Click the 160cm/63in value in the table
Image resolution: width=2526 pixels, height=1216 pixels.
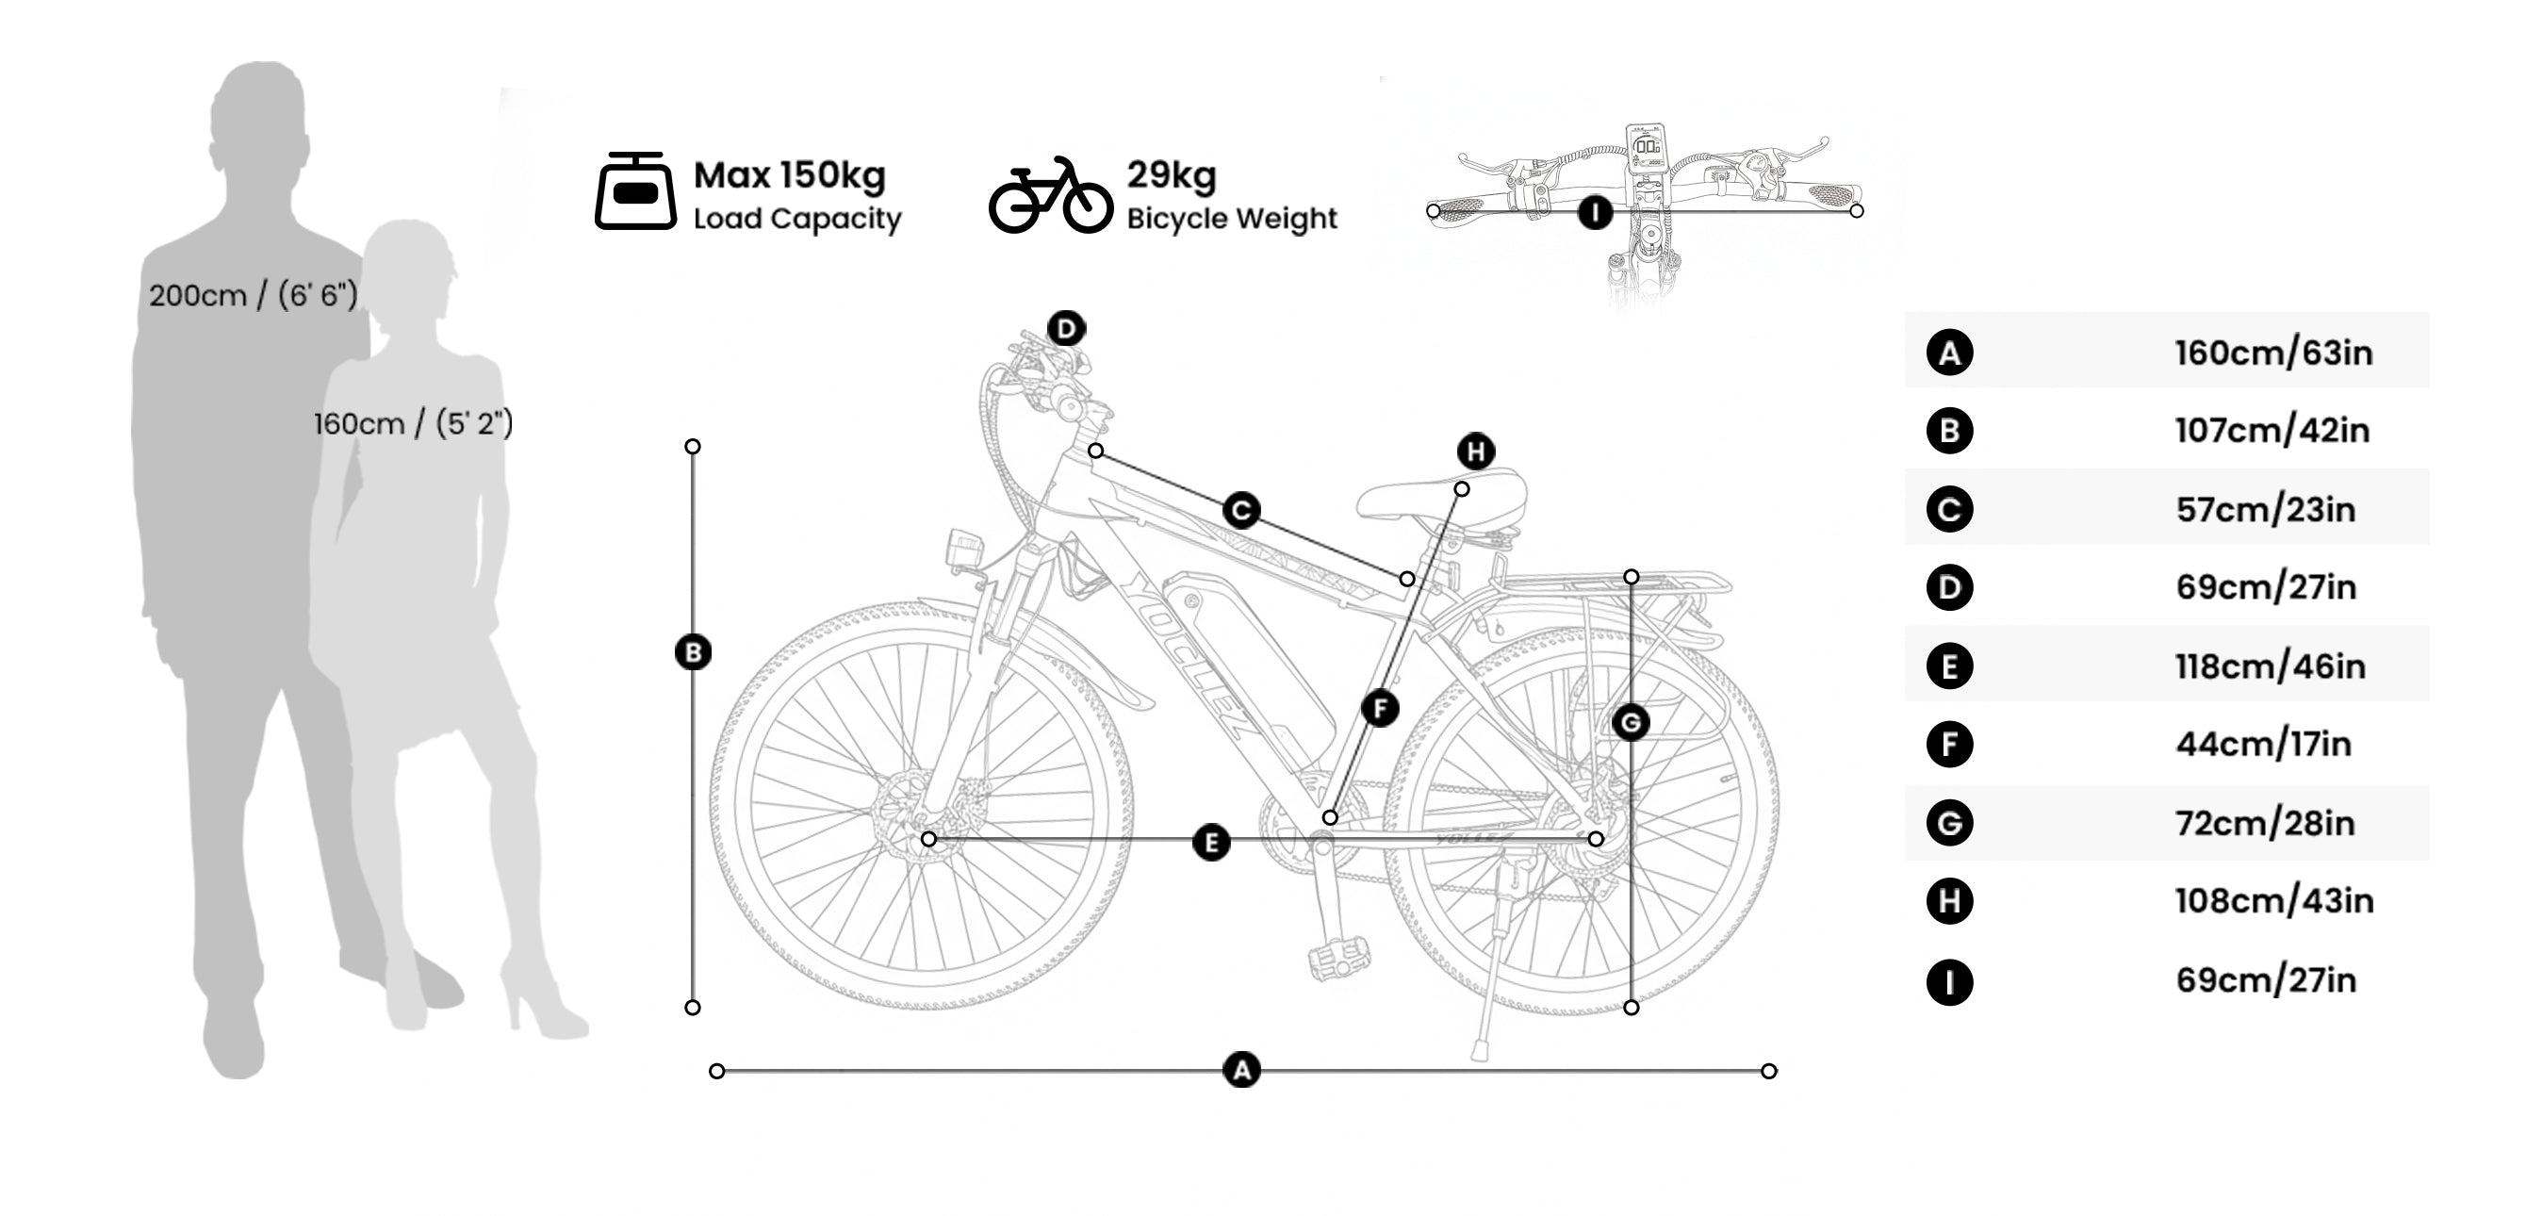tap(2273, 353)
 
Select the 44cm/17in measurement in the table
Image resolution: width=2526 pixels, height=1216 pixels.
tap(2263, 745)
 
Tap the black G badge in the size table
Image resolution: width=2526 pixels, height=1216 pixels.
tap(1948, 823)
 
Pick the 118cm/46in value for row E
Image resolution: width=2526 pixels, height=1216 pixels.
tap(2270, 666)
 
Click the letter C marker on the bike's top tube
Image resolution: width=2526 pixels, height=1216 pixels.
tap(1241, 511)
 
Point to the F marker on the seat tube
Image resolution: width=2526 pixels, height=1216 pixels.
tap(1380, 708)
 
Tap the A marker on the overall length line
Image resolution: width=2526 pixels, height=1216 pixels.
tap(1241, 1070)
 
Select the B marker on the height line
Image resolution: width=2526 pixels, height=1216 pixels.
tap(694, 653)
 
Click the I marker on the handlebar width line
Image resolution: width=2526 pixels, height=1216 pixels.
tap(1595, 212)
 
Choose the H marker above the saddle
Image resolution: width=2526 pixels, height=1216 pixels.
tap(1476, 452)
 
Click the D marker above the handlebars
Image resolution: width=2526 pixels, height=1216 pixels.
tap(1066, 329)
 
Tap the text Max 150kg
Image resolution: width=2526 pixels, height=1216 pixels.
tap(790, 175)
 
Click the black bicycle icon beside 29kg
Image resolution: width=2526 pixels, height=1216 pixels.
tap(1050, 195)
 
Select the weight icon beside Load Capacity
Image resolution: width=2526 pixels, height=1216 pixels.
tap(635, 191)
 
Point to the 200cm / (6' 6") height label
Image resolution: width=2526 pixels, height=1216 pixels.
tap(253, 295)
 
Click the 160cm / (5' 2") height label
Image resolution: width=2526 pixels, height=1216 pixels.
tap(413, 423)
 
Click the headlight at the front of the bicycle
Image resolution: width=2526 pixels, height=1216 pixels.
tap(963, 550)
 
